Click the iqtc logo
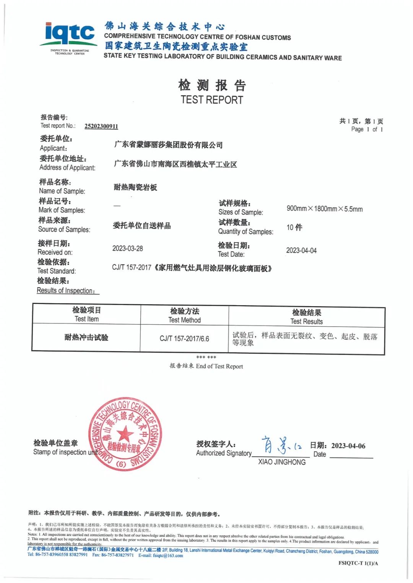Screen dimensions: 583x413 pos(69,37)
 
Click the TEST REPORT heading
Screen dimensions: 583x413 pos(212,100)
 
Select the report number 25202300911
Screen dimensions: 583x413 pos(101,126)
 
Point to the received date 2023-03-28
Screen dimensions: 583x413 pos(127,248)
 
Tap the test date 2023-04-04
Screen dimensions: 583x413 pos(301,250)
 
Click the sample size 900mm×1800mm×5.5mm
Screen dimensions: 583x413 pos(324,209)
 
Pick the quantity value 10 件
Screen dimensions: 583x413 pos(294,227)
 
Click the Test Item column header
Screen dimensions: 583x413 pos(86,314)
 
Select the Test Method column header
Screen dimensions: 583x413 pos(185,315)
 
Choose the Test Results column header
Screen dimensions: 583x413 pos(306,317)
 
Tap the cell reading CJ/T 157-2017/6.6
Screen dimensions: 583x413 pos(184,339)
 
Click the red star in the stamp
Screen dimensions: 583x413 pos(125,434)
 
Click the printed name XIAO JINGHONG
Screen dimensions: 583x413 pos(282,462)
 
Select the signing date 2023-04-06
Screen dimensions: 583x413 pos(348,446)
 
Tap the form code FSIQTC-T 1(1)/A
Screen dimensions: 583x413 pos(358,563)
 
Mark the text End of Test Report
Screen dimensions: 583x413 pos(219,366)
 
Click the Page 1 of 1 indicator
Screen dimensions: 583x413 pos(367,129)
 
